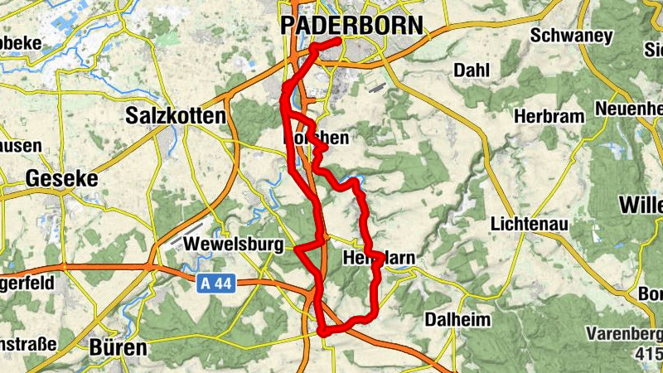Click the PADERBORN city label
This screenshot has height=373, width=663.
click(351, 25)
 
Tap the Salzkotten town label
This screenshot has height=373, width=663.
click(175, 116)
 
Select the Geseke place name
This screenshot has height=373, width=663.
click(61, 178)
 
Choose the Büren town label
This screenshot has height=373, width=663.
click(118, 346)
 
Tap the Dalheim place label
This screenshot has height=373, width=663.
click(457, 319)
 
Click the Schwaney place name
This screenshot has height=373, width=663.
click(571, 36)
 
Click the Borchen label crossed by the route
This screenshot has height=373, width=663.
click(317, 138)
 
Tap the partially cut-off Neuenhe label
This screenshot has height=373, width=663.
click(629, 109)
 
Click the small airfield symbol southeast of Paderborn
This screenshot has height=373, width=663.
click(376, 85)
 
